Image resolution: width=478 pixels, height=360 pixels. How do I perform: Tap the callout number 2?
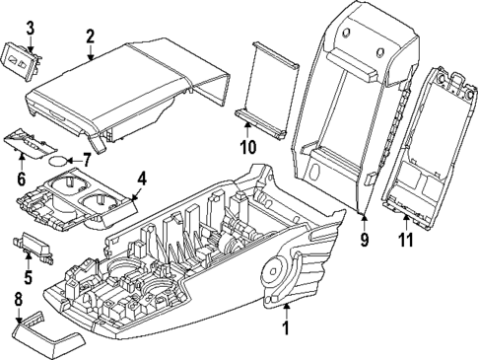[x=90, y=37]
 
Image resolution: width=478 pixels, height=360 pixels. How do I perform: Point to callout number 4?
[x=141, y=179]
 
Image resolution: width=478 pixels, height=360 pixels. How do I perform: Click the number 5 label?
[x=29, y=277]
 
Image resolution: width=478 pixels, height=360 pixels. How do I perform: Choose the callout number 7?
[x=86, y=158]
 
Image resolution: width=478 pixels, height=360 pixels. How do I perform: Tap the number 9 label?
[x=364, y=238]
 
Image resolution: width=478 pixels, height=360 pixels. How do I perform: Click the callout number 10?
[x=247, y=147]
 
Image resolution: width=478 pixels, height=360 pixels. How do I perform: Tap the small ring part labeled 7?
[x=60, y=158]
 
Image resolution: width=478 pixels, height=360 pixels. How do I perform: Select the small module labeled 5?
[x=38, y=245]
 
